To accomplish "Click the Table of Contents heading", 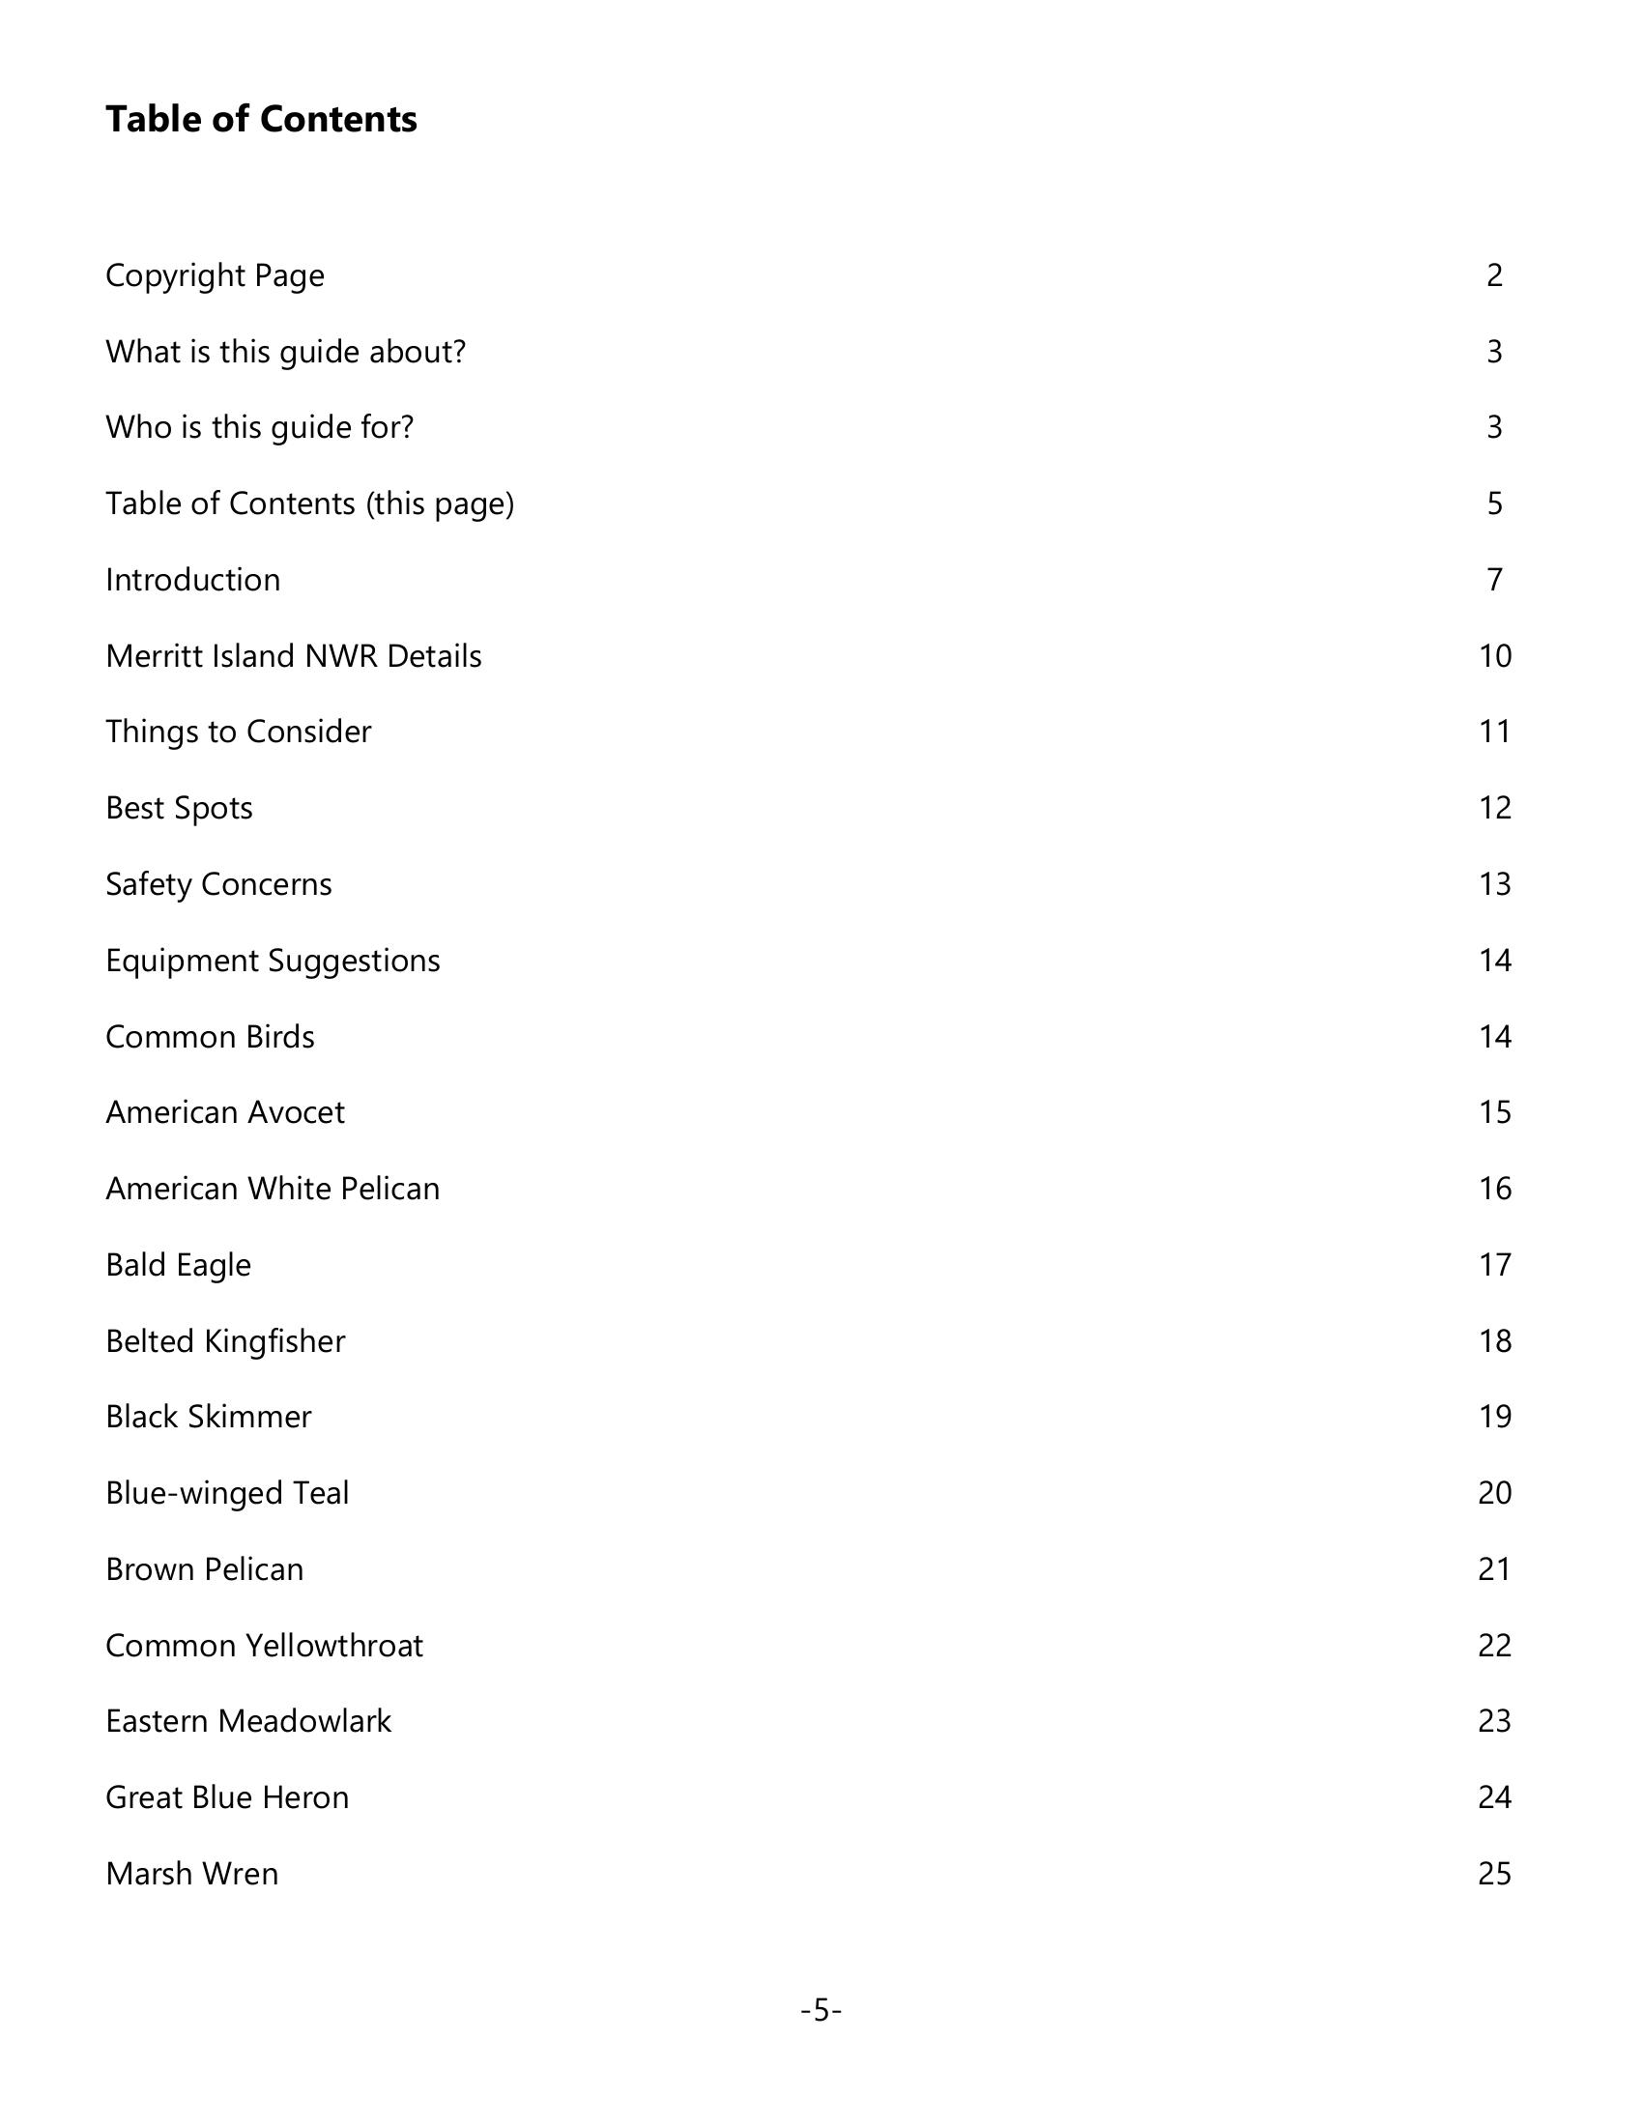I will [x=261, y=119].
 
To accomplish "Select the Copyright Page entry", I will [x=215, y=275].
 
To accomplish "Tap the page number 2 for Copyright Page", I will [x=1494, y=275].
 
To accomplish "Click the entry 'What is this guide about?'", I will [x=285, y=352].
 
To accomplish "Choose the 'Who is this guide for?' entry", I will [x=259, y=427].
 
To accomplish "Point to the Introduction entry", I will [x=192, y=580].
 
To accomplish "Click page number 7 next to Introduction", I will [x=1494, y=580].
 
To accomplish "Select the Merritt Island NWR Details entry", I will [x=293, y=656].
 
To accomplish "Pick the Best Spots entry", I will [x=179, y=808].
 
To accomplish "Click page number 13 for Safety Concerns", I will [x=1494, y=884].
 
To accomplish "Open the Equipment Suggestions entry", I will [x=273, y=961].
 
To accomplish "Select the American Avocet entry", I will [x=225, y=1112].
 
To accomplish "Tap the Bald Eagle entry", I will [x=178, y=1265].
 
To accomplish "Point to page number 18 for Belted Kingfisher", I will [x=1494, y=1341].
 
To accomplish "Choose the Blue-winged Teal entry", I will [x=227, y=1493].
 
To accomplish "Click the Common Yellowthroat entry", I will [x=264, y=1645].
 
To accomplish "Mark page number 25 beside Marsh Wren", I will [x=1494, y=1874].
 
